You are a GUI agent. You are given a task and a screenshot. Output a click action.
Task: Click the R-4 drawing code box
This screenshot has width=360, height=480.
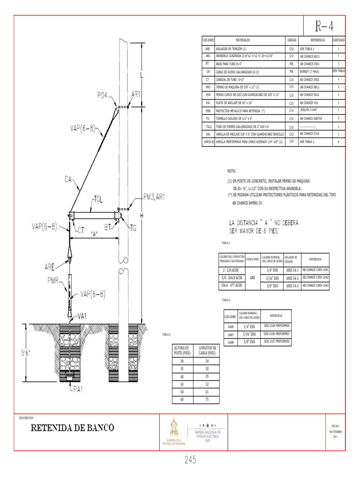(324, 25)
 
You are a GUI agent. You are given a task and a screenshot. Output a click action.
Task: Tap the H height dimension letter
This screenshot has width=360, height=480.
(141, 215)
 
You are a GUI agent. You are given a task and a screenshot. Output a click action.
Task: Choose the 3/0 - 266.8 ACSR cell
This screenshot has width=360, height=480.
(232, 277)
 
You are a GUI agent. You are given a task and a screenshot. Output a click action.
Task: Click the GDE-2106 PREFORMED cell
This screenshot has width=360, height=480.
(276, 334)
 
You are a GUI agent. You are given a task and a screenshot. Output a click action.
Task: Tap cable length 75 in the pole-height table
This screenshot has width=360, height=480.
(207, 400)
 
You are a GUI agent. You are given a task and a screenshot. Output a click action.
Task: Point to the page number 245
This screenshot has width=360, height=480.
(190, 461)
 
